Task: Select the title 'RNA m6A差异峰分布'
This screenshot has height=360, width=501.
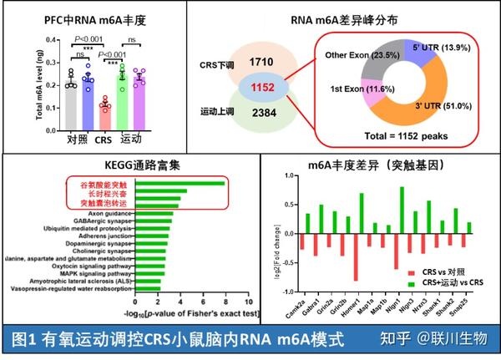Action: point(373,18)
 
